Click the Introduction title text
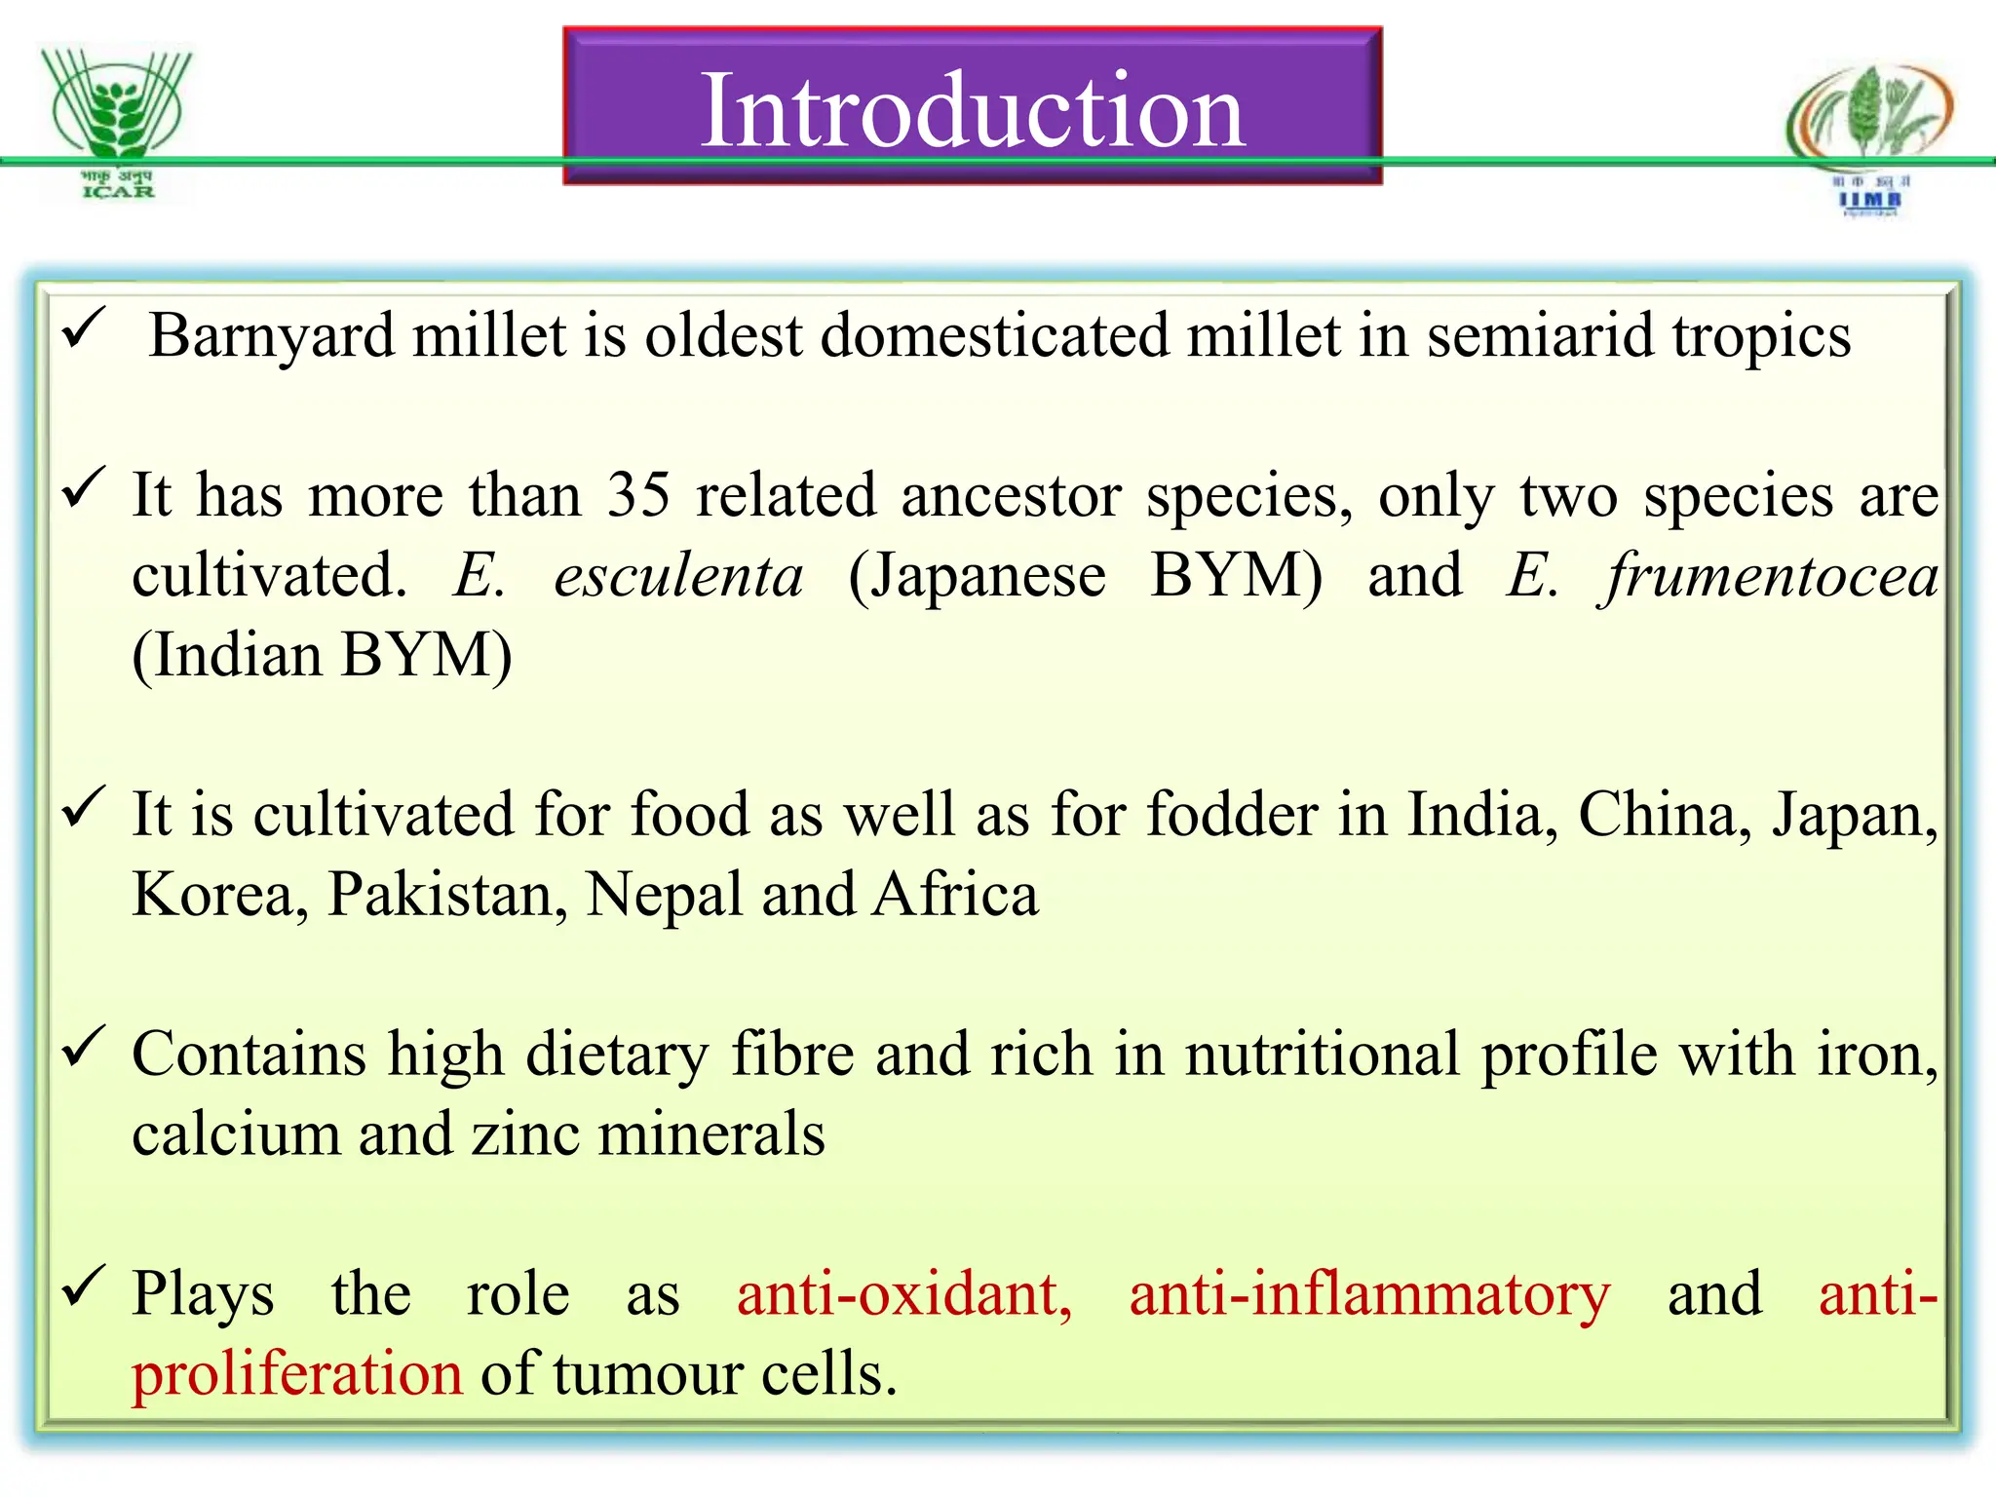pos(973,110)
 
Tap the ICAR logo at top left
pos(118,122)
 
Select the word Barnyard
pos(270,336)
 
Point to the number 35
pos(638,495)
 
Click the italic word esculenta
pos(678,575)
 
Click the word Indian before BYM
pos(236,655)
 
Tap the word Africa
pos(955,894)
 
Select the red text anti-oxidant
pos(903,1294)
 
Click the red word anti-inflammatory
pos(1369,1294)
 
